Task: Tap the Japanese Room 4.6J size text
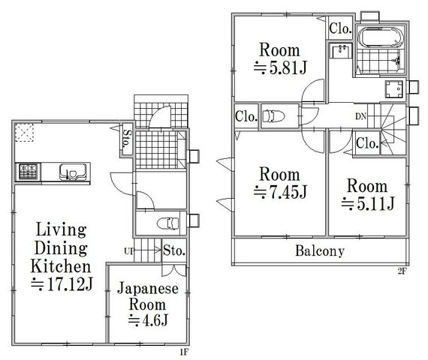tap(148, 320)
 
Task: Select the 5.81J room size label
tap(280, 67)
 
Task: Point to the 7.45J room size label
tap(280, 192)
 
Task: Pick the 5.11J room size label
tap(368, 204)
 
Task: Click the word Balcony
tap(320, 251)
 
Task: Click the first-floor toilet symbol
tap(168, 223)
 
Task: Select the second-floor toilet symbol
tap(273, 116)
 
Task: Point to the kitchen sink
tap(73, 172)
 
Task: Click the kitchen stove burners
tap(28, 172)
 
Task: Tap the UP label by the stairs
tap(129, 251)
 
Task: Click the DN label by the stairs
tap(360, 117)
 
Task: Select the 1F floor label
tap(184, 352)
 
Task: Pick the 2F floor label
tap(402, 272)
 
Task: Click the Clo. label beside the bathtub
tap(340, 28)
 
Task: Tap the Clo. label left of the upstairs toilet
tap(246, 117)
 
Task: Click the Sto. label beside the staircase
tap(174, 250)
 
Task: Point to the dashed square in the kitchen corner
tap(24, 133)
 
